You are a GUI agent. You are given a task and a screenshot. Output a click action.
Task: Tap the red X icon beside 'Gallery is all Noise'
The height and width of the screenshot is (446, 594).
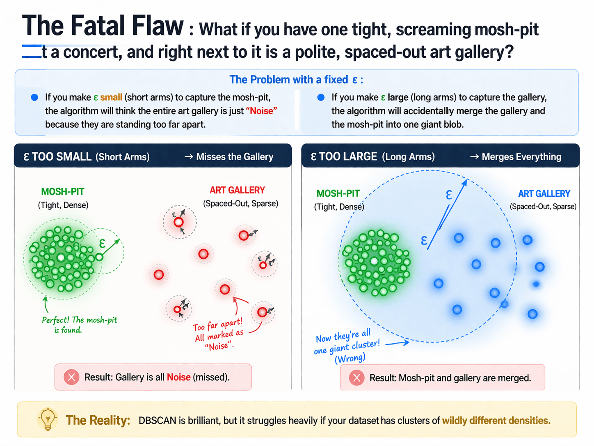pos(71,377)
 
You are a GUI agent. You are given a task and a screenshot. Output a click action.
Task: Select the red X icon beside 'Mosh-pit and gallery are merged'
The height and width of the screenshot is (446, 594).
pos(356,378)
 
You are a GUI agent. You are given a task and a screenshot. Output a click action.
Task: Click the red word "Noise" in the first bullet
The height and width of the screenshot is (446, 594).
pos(261,111)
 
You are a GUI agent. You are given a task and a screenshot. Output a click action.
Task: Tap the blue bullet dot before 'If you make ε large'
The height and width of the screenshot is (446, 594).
pos(321,97)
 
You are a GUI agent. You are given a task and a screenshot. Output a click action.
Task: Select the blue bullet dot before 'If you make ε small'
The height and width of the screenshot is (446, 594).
pos(34,97)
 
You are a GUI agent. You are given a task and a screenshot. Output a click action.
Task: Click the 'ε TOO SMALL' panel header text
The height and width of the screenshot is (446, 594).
pos(57,157)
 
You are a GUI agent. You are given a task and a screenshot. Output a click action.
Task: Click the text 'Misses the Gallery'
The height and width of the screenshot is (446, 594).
pos(234,157)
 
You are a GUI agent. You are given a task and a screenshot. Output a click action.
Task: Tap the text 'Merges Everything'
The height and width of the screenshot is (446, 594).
pos(521,157)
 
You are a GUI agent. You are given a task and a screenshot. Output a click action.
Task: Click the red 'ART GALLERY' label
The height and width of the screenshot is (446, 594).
pos(237,191)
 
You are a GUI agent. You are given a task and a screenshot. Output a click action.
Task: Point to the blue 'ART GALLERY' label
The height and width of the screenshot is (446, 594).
pos(544,194)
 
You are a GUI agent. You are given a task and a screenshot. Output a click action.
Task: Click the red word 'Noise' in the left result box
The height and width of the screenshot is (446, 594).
pos(178,377)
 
